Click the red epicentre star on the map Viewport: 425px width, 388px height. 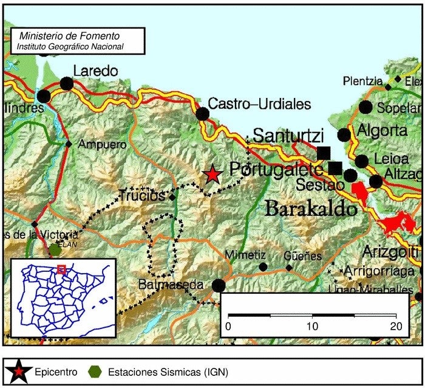tap(212, 174)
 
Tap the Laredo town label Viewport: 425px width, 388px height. tap(95, 71)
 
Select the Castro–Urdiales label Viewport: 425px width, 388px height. tap(259, 104)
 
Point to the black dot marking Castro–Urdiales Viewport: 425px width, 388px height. tap(202, 114)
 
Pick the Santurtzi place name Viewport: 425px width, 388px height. tap(288, 136)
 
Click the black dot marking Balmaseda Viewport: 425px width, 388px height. tap(219, 285)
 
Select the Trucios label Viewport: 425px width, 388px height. tap(142, 196)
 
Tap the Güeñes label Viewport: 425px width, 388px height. tap(303, 256)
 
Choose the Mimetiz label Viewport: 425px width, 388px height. tap(245, 255)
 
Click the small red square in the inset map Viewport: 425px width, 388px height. tap(61, 269)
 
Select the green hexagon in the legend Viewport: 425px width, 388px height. tap(94, 371)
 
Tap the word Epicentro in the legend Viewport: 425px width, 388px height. tap(56, 371)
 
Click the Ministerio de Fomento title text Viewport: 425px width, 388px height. tap(71, 36)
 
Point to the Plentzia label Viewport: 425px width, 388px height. tap(362, 81)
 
